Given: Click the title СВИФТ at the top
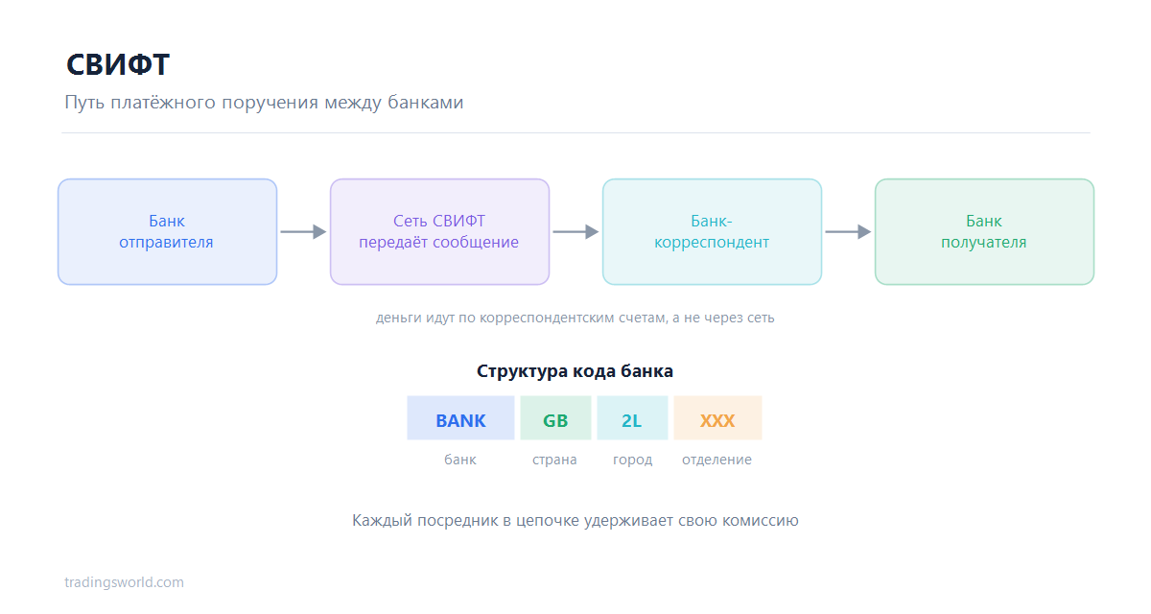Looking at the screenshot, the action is (x=118, y=64).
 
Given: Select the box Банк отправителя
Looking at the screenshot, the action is (x=168, y=232).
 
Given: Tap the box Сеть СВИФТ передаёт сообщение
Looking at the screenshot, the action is (x=440, y=232).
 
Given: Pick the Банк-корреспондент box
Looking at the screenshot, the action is (x=712, y=232).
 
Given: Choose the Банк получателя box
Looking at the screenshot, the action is (x=984, y=232).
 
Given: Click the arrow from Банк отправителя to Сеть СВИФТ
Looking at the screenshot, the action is (x=303, y=232).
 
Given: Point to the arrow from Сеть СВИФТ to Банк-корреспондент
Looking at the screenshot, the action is (x=575, y=232).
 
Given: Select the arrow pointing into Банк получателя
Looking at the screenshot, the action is (x=848, y=232).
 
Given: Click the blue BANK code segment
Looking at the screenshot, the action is (x=461, y=417).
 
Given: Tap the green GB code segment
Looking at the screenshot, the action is (x=555, y=417).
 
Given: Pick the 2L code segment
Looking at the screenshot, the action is (x=632, y=417).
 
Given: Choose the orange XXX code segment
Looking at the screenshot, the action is (x=717, y=417).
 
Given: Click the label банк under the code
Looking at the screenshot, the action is (x=460, y=460).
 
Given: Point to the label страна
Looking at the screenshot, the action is (x=554, y=460).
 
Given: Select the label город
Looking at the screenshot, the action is (x=632, y=460).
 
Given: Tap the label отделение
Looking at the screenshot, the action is (x=716, y=460).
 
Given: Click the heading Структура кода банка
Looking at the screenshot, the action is (x=575, y=371).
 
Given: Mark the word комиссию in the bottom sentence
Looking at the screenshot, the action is (x=761, y=521).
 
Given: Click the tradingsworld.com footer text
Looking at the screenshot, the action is (x=124, y=582).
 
